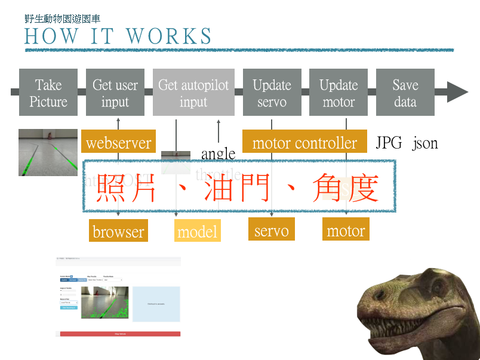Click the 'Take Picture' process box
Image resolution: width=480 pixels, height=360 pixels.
(x=48, y=93)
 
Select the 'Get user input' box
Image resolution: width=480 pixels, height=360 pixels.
(x=115, y=93)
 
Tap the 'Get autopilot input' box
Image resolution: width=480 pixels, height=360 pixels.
(x=193, y=93)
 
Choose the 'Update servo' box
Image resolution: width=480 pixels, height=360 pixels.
(x=272, y=93)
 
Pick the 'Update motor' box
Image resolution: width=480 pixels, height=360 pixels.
(x=339, y=93)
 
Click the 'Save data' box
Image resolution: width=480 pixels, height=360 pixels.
(x=405, y=93)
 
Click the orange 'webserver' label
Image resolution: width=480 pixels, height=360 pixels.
(x=119, y=143)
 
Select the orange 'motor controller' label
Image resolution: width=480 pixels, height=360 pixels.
(x=304, y=143)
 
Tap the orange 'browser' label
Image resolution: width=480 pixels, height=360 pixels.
(x=118, y=231)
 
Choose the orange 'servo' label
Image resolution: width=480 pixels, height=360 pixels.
(x=272, y=230)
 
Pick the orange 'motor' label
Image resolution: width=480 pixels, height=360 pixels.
(x=346, y=230)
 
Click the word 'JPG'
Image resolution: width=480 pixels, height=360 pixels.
(x=389, y=143)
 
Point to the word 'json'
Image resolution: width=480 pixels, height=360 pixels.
(x=425, y=143)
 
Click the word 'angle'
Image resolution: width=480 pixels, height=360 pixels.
(x=218, y=154)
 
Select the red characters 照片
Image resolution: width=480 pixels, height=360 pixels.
(x=127, y=187)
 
